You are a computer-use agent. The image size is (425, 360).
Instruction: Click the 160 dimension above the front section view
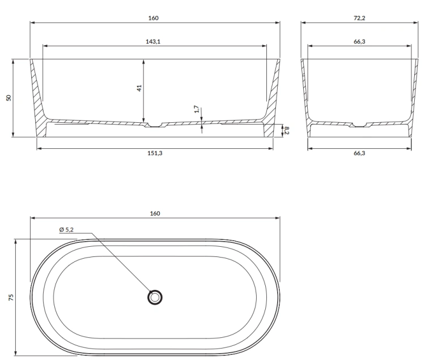pyautogui.click(x=154, y=18)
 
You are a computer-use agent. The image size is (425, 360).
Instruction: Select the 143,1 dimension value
pyautogui.click(x=154, y=41)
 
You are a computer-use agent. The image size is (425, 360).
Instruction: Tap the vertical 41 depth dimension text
pyautogui.click(x=139, y=88)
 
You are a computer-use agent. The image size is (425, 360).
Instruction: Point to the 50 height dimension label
pyautogui.click(x=8, y=97)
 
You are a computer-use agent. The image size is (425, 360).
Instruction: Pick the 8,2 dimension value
pyautogui.click(x=287, y=130)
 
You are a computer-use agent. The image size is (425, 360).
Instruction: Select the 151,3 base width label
pyautogui.click(x=154, y=153)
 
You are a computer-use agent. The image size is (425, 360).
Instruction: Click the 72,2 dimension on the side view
pyautogui.click(x=359, y=18)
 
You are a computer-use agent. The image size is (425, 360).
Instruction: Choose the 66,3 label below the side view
pyautogui.click(x=359, y=153)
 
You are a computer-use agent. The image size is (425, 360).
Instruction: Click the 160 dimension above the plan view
pyautogui.click(x=155, y=213)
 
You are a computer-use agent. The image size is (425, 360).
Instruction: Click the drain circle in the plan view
pyautogui.click(x=155, y=297)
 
